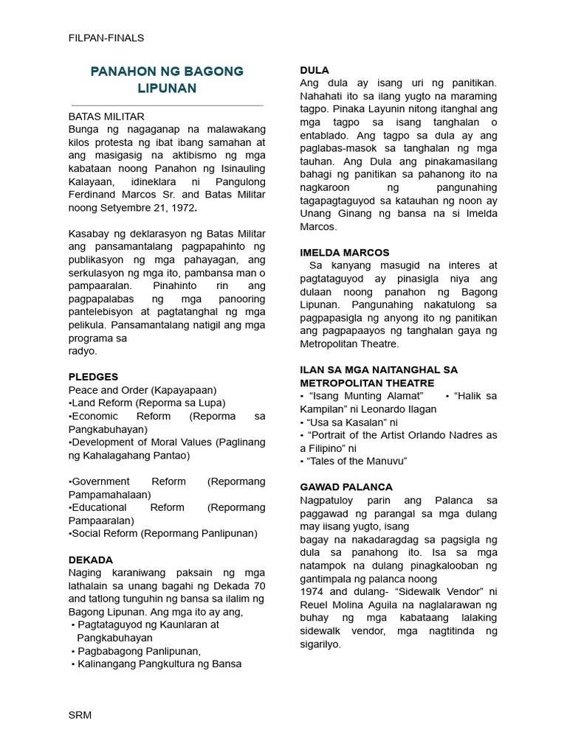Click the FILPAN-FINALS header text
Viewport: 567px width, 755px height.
point(106,38)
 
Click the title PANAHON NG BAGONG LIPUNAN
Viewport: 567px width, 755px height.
point(167,80)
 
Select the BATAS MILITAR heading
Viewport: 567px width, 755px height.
point(106,116)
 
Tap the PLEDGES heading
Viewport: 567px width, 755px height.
point(93,377)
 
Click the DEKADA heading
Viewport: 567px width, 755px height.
point(90,560)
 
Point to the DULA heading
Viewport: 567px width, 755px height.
point(315,70)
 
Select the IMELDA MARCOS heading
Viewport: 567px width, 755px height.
point(345,252)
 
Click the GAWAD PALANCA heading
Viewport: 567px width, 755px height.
point(346,487)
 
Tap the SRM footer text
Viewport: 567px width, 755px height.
point(80,715)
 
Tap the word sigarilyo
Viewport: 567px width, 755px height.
point(320,644)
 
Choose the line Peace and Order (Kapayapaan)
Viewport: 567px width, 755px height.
point(142,389)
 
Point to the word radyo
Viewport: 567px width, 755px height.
point(83,351)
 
